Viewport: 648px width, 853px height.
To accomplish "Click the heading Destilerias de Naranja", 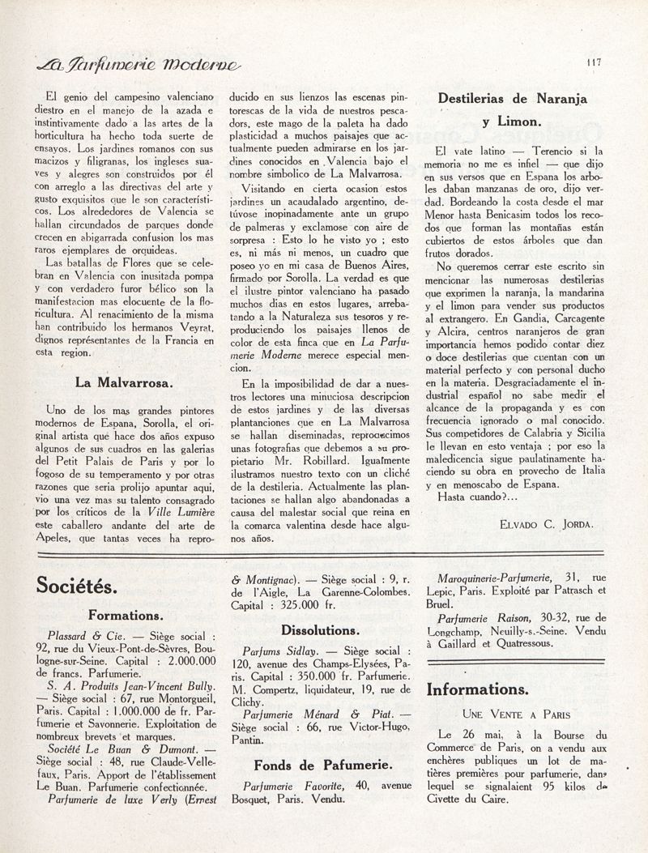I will (x=518, y=99).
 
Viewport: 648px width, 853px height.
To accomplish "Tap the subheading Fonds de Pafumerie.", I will (x=322, y=764).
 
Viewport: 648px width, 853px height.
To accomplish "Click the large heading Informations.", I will (x=478, y=689).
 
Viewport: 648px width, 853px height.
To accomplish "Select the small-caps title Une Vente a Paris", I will (x=515, y=714).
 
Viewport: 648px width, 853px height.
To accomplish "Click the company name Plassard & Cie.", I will (x=84, y=633).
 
